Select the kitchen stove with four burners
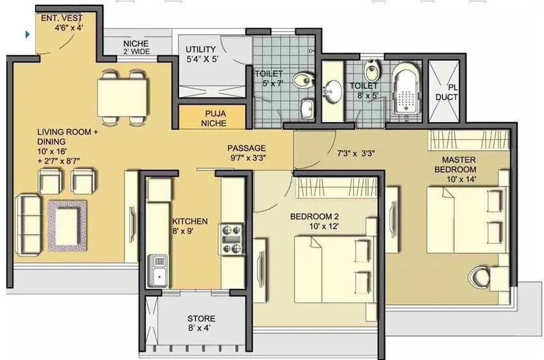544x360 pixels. click(x=231, y=239)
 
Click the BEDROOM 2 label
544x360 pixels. click(x=315, y=221)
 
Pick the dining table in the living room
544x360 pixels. click(x=123, y=98)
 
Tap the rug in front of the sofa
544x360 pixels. click(x=68, y=225)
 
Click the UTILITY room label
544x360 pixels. click(x=201, y=55)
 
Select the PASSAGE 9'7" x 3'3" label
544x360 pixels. click(x=247, y=153)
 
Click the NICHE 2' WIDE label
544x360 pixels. click(x=136, y=49)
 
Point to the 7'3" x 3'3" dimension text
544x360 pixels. click(x=356, y=153)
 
